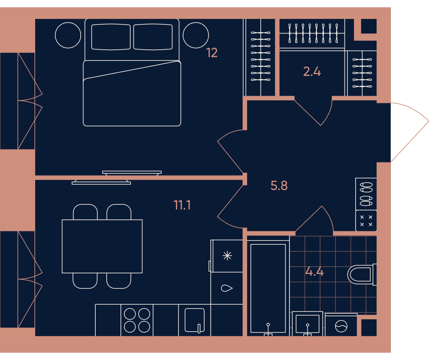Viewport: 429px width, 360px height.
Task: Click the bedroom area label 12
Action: [212, 53]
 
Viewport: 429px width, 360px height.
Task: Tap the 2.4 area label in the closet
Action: [312, 72]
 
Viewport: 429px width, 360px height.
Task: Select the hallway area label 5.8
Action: [279, 186]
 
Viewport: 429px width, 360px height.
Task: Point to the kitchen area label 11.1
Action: [182, 205]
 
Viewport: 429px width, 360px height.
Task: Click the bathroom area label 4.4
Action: [314, 272]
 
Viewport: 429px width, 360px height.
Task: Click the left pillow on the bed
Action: [111, 37]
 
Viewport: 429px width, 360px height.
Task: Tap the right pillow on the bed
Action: [153, 37]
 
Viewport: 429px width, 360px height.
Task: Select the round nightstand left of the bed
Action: [68, 35]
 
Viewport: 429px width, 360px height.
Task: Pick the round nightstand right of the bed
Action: [196, 35]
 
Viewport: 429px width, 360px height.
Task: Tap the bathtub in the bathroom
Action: [268, 288]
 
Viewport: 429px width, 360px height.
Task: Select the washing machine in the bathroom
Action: [341, 325]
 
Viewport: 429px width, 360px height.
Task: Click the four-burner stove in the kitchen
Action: [137, 320]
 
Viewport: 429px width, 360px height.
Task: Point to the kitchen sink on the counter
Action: [194, 320]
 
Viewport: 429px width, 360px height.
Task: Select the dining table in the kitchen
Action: [102, 246]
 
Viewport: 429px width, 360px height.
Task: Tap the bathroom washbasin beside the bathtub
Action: [308, 324]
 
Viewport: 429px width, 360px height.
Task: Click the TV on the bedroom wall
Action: [132, 173]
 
